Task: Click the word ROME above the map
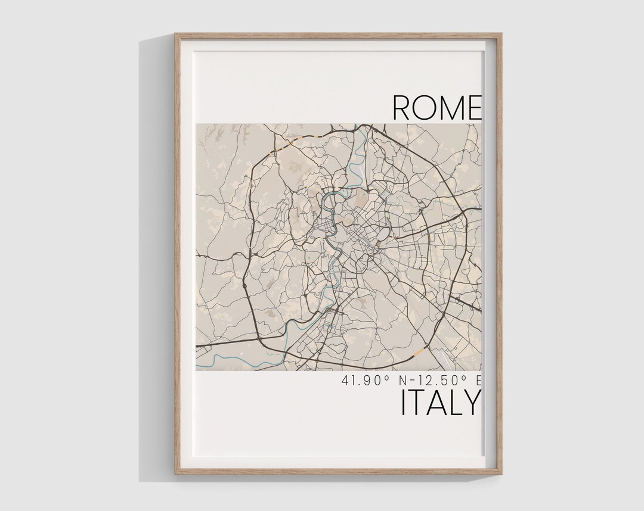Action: point(436,108)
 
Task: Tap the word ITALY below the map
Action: point(440,403)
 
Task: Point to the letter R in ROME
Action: point(402,108)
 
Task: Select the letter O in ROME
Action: point(425,108)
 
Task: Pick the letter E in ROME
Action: point(473,108)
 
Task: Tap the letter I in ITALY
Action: point(404,403)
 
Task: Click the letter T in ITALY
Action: point(417,403)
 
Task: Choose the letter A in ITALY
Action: point(436,403)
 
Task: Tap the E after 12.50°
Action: point(478,380)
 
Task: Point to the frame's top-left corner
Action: point(176,35)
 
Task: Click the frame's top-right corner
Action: point(501,35)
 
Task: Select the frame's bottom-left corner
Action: point(176,473)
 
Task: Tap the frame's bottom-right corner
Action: point(501,473)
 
